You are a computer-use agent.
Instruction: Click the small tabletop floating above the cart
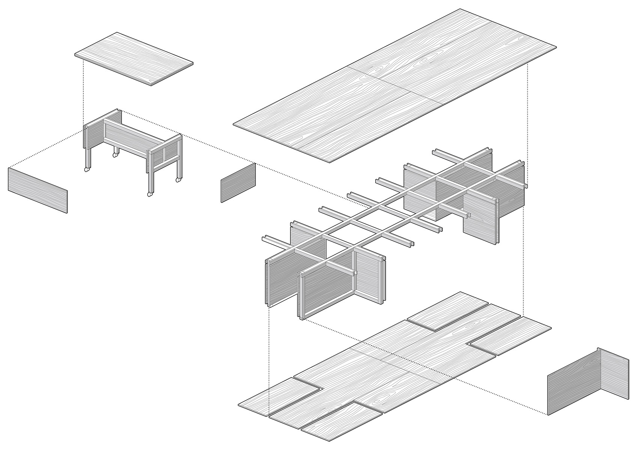134,59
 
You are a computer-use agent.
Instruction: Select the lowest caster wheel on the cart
150,195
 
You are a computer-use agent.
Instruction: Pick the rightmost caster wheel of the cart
178,180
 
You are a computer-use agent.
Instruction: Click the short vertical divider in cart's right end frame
164,154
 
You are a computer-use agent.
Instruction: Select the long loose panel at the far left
38,190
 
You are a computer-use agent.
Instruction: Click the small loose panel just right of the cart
238,183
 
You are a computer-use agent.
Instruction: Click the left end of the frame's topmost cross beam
435,152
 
